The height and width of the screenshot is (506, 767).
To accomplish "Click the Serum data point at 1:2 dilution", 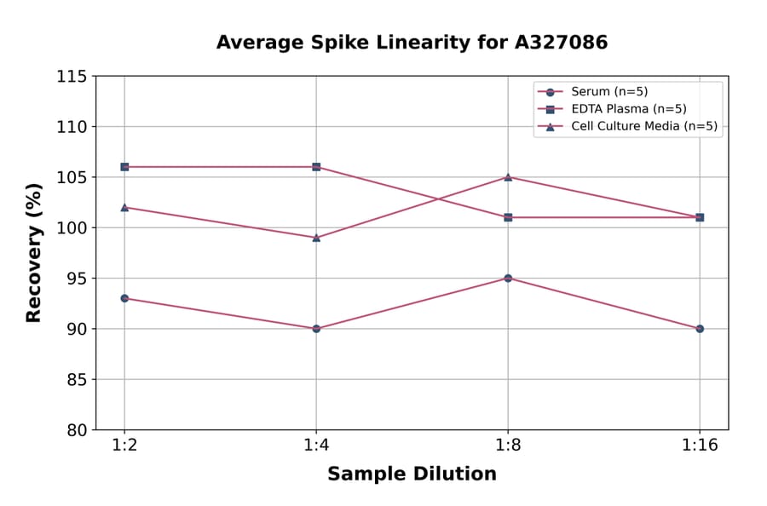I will click(x=124, y=298).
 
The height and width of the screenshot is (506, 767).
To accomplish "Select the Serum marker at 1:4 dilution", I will click(x=316, y=329).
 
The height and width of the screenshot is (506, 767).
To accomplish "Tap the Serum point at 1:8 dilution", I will click(x=508, y=279).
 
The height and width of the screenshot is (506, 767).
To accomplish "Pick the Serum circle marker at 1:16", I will click(x=700, y=329).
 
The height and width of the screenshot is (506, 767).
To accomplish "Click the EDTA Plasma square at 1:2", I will click(x=124, y=167).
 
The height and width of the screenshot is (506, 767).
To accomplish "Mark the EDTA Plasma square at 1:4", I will click(x=316, y=167).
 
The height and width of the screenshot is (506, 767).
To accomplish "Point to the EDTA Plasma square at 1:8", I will click(x=508, y=217).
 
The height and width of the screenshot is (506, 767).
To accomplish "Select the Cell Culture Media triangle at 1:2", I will click(x=124, y=207).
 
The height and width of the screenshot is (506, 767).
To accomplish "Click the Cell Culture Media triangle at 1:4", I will click(x=316, y=238).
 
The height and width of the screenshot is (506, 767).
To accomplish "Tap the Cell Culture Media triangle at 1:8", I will click(x=508, y=177).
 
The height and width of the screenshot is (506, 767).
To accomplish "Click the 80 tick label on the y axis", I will click(x=77, y=430).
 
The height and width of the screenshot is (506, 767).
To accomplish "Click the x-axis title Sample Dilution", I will click(x=412, y=474).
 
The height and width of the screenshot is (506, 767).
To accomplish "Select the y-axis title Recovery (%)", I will click(x=34, y=253).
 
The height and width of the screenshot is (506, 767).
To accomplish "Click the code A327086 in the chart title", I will click(x=555, y=43).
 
